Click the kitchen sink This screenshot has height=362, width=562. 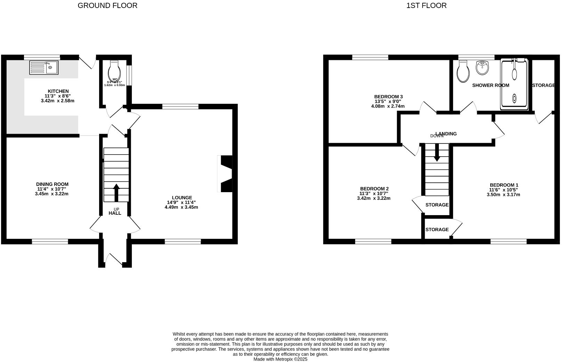pyautogui.click(x=44, y=68)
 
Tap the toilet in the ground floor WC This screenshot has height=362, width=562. pyautogui.click(x=114, y=71)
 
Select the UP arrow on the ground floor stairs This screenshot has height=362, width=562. pyautogui.click(x=116, y=192)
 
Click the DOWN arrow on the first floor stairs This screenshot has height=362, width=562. pyautogui.click(x=437, y=153)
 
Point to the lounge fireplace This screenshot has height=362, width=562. pyautogui.click(x=225, y=173)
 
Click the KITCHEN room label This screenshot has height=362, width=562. pyautogui.click(x=58, y=91)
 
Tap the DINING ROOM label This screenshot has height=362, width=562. pyautogui.click(x=52, y=184)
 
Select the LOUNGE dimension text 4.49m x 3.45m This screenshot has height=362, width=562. pyautogui.click(x=181, y=207)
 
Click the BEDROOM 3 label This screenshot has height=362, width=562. pyautogui.click(x=388, y=97)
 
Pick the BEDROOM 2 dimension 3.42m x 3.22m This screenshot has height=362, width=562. pyautogui.click(x=374, y=198)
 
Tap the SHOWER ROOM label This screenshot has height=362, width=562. pyautogui.click(x=490, y=85)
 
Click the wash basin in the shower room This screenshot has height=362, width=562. pyautogui.click(x=482, y=68)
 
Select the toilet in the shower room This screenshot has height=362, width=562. pyautogui.click(x=463, y=72)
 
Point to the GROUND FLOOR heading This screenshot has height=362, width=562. pyautogui.click(x=107, y=6)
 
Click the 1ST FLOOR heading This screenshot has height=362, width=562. pyautogui.click(x=426, y=6)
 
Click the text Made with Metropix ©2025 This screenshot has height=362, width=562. pyautogui.click(x=280, y=359)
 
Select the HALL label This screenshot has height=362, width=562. pyautogui.click(x=115, y=213)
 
